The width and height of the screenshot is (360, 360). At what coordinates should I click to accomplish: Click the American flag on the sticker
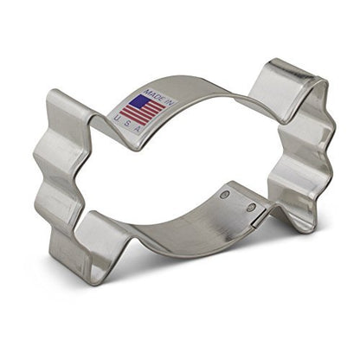[x=142, y=109]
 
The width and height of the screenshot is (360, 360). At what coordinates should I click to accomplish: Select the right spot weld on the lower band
[x=250, y=208]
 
